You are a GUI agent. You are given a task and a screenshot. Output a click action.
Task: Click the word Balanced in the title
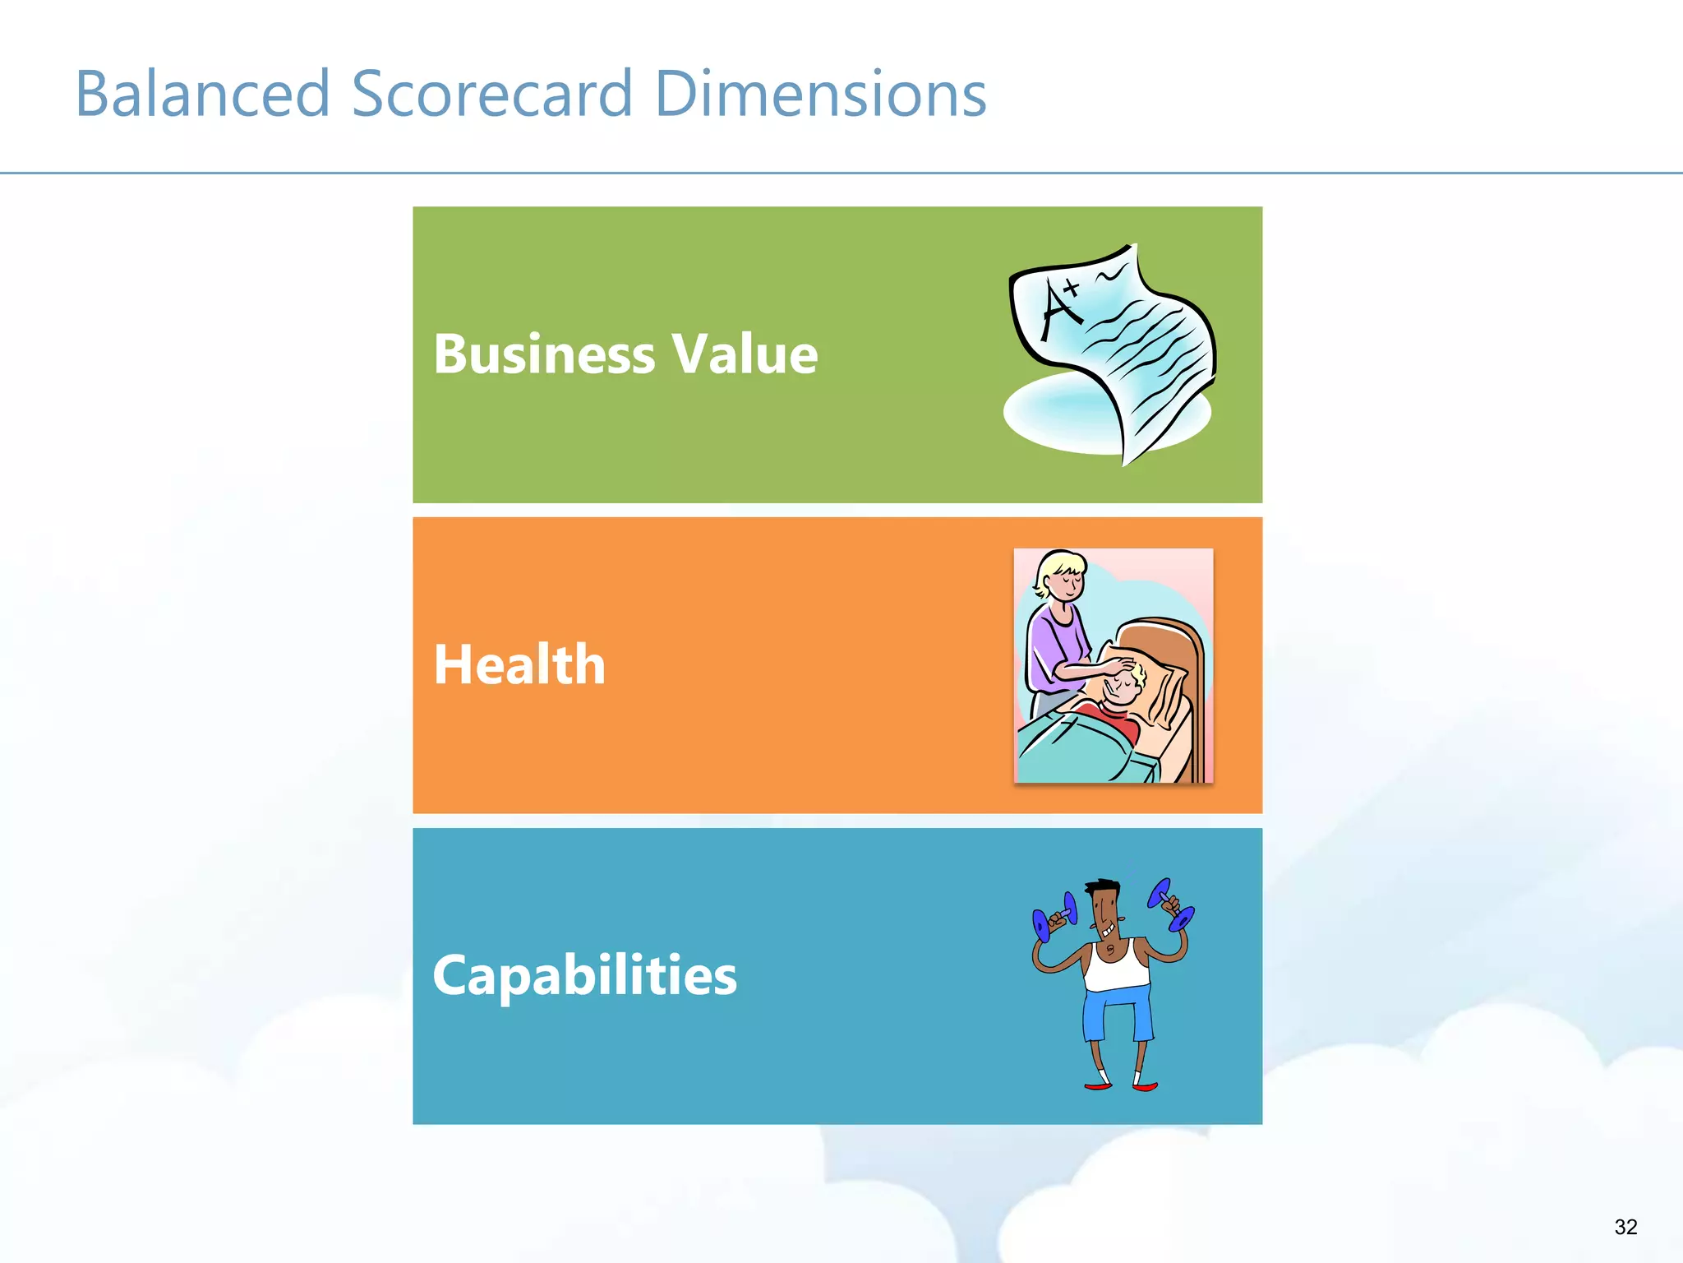(x=202, y=94)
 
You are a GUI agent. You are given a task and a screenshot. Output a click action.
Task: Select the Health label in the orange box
(x=519, y=664)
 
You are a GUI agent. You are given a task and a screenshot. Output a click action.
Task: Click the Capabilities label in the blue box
(x=584, y=975)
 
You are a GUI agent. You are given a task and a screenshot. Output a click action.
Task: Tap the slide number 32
(x=1625, y=1227)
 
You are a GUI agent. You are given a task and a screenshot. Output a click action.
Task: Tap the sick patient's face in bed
(x=1123, y=687)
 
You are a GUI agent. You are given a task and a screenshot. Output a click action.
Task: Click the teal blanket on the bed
(x=1077, y=748)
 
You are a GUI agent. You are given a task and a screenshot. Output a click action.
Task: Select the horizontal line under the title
(x=841, y=173)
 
